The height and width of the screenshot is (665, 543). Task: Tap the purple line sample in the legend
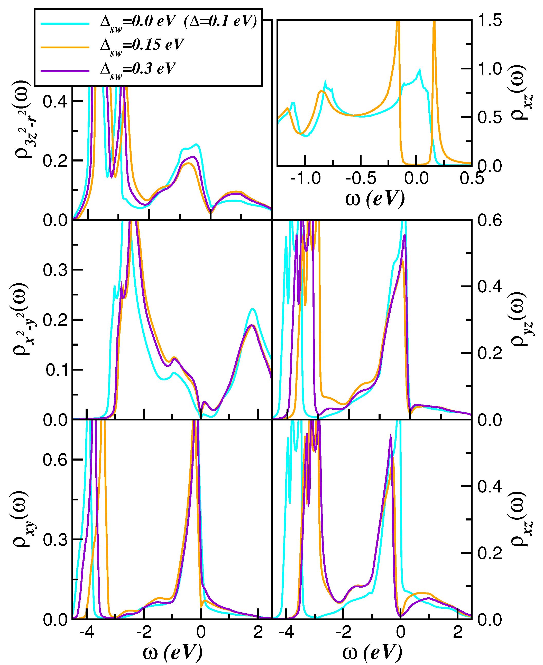(65, 71)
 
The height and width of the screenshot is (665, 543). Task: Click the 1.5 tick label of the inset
(490, 21)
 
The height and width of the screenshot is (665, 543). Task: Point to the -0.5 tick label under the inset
(361, 179)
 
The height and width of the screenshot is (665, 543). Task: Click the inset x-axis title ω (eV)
(375, 199)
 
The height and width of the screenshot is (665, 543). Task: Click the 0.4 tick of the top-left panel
(55, 102)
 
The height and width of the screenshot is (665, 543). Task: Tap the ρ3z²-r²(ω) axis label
(25, 121)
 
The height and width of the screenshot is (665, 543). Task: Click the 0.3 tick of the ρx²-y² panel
(55, 270)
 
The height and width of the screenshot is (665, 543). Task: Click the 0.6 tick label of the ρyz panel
(490, 221)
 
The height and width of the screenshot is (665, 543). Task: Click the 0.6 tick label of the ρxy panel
(55, 460)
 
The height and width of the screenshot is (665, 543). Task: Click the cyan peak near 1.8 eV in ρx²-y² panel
(252, 309)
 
